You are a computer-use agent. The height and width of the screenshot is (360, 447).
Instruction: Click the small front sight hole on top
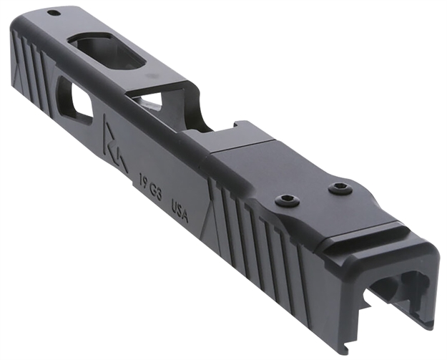[x=53, y=13]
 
